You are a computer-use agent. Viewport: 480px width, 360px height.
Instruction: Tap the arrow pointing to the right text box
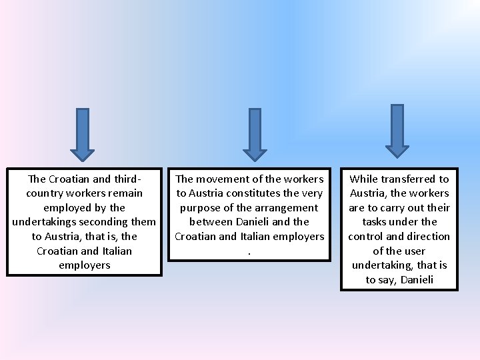click(x=397, y=131)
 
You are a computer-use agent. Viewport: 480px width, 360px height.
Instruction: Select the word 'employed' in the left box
click(x=66, y=208)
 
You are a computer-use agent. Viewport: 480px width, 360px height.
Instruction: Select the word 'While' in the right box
click(x=364, y=179)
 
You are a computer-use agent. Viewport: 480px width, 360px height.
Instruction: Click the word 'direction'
click(x=428, y=237)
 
